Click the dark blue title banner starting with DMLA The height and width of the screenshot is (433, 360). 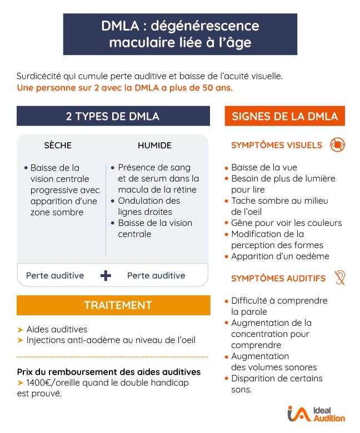pyautogui.click(x=180, y=34)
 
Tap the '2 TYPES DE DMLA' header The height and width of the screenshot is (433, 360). pyautogui.click(x=113, y=116)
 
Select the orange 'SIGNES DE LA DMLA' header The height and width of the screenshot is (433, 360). pyautogui.click(x=284, y=116)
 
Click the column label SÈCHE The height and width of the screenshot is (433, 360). pyautogui.click(x=58, y=145)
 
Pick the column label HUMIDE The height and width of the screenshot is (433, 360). pyautogui.click(x=154, y=145)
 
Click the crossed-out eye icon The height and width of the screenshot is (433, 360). pyautogui.click(x=337, y=145)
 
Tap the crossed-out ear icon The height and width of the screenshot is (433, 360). pyautogui.click(x=339, y=278)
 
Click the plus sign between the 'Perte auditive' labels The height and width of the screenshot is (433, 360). pyautogui.click(x=106, y=276)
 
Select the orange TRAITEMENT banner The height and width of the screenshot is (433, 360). pyautogui.click(x=113, y=305)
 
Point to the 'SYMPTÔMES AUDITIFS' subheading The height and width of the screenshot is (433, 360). pyautogui.click(x=278, y=278)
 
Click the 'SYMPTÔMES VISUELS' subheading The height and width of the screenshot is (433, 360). pyautogui.click(x=276, y=145)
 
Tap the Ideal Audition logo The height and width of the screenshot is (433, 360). pyautogui.click(x=316, y=414)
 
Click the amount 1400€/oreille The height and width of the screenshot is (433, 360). pyautogui.click(x=53, y=383)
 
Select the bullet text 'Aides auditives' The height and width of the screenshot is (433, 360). pyautogui.click(x=57, y=329)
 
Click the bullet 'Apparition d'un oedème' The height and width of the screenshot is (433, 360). pyautogui.click(x=280, y=256)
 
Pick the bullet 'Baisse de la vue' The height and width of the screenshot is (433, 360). pyautogui.click(x=264, y=168)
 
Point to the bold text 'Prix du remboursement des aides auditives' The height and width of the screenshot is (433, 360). pyautogui.click(x=109, y=372)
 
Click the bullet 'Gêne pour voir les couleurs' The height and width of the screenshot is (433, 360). pyautogui.click(x=286, y=223)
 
